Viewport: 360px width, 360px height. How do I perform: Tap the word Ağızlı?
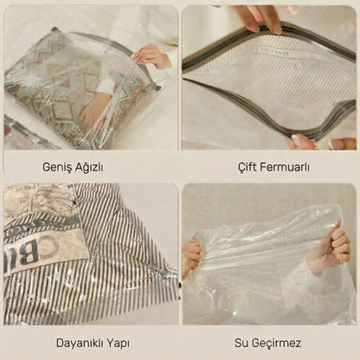click(89, 167)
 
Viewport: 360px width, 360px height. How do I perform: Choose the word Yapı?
click(118, 344)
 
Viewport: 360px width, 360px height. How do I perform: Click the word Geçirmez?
click(276, 344)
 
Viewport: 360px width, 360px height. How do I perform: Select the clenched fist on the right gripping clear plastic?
click(336, 243)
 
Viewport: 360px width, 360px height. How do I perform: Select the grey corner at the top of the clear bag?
click(55, 29)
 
